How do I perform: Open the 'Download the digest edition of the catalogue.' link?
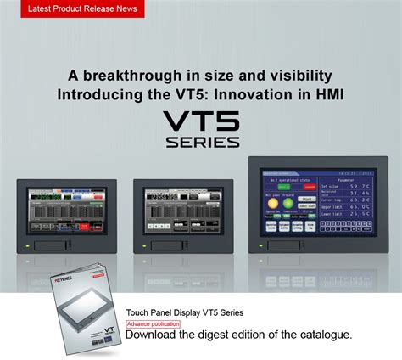(238, 335)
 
